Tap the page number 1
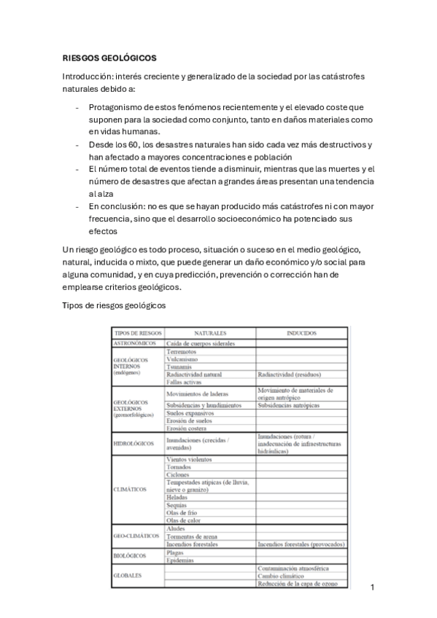[x=372, y=587]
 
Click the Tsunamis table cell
[x=180, y=367]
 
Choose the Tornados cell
[x=179, y=467]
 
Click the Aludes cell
[x=176, y=528]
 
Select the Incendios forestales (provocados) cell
[x=301, y=544]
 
